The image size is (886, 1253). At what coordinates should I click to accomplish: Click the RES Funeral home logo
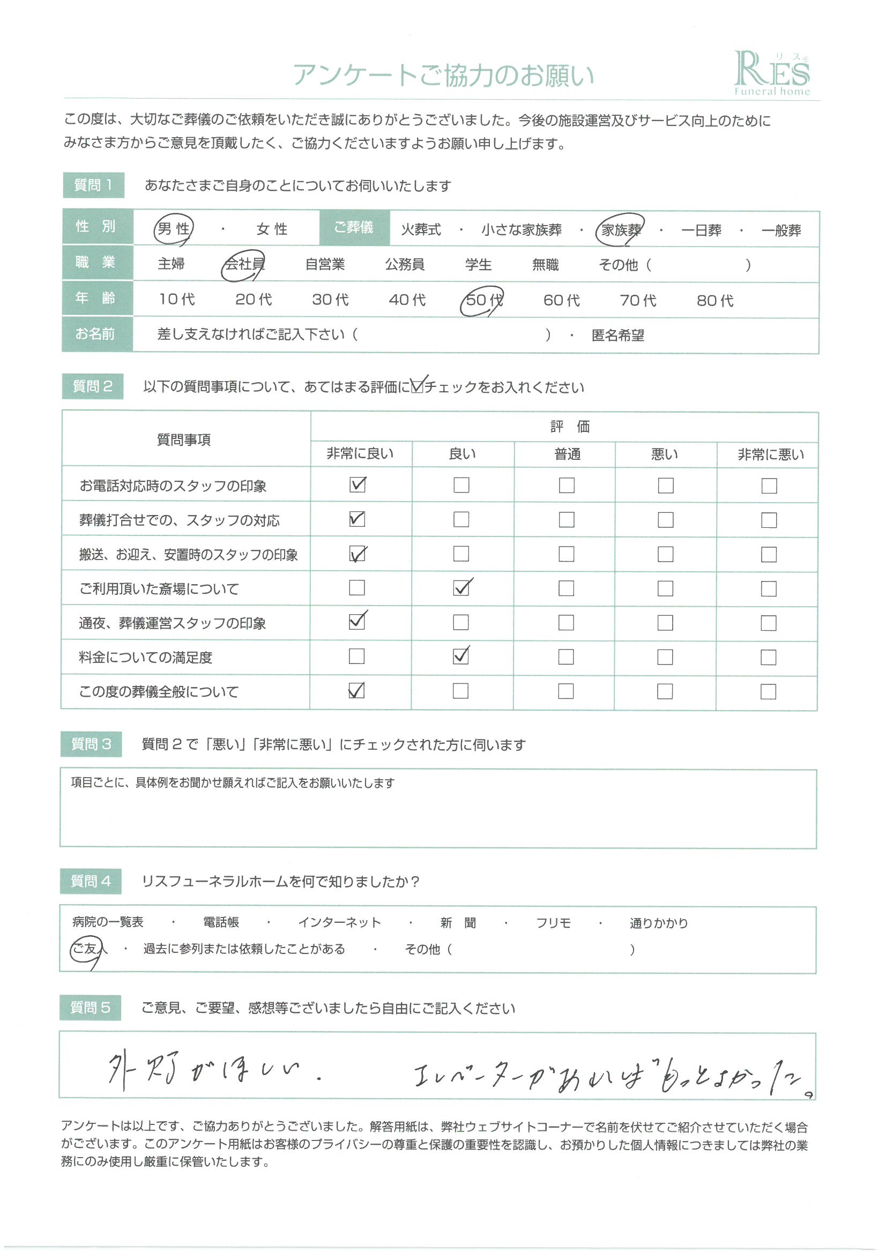(771, 73)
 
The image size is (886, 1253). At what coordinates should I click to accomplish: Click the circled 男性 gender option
(174, 229)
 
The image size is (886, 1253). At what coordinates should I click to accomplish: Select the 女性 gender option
(272, 229)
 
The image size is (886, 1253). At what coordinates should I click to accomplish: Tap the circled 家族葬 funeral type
(621, 230)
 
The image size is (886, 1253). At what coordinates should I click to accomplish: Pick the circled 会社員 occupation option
(244, 265)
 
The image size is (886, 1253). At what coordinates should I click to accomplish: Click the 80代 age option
(714, 301)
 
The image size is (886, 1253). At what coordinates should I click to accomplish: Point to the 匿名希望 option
(617, 335)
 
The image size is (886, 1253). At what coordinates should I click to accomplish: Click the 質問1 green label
(93, 185)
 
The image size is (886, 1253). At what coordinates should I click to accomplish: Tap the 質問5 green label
(91, 1008)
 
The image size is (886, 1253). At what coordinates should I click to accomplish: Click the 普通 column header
(567, 454)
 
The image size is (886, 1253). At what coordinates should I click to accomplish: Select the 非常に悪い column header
(771, 454)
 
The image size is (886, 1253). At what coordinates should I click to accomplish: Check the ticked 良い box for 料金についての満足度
(461, 656)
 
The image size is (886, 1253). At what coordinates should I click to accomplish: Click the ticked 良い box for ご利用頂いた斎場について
(461, 588)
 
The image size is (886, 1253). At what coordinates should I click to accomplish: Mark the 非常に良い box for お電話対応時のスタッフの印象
(358, 484)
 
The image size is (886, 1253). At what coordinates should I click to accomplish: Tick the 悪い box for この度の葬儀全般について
(665, 691)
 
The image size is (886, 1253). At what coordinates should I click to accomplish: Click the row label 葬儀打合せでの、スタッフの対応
(179, 520)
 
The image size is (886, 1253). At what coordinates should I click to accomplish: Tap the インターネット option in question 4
(339, 922)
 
